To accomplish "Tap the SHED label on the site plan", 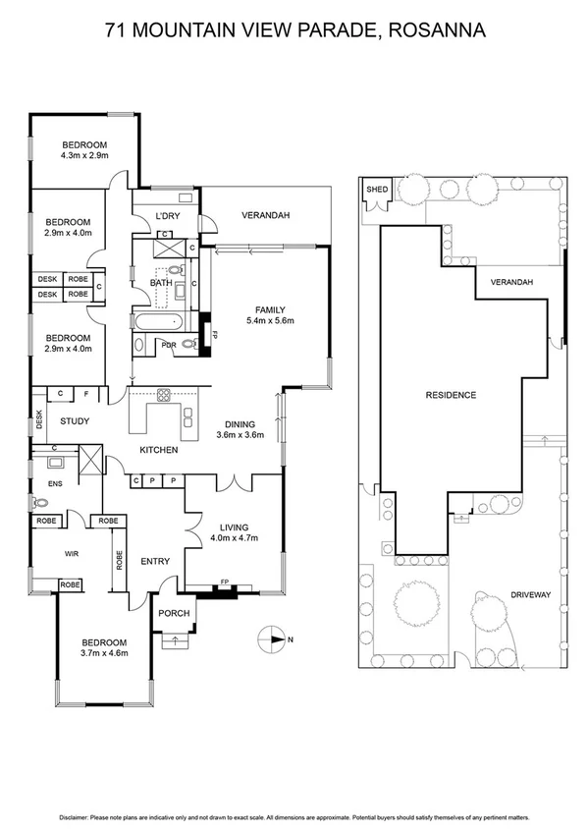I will [x=375, y=190].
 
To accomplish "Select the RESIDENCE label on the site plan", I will [x=451, y=395].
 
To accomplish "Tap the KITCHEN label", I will [x=158, y=450].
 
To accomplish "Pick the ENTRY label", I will [x=155, y=562].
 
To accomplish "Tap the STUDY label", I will [x=75, y=421].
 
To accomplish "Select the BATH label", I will [x=161, y=283].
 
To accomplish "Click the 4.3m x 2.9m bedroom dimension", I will [x=83, y=155].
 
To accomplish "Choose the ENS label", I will [x=41, y=483].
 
